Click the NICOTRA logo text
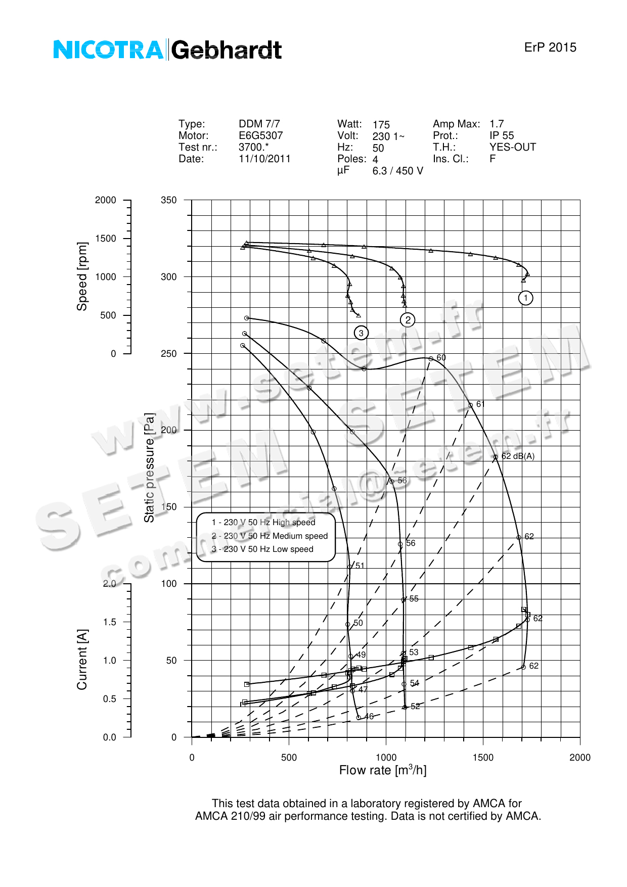(108, 50)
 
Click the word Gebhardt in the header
(227, 50)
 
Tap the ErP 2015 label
(550, 48)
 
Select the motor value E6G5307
(261, 135)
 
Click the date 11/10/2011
(264, 159)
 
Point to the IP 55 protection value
(502, 135)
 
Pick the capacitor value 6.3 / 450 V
(398, 171)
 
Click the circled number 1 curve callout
(526, 298)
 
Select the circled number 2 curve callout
(408, 320)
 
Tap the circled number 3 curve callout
(361, 333)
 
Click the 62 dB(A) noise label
(518, 456)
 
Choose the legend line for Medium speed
(270, 536)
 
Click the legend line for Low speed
(262, 549)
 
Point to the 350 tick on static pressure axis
(169, 200)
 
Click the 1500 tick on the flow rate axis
(483, 758)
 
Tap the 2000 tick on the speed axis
(106, 200)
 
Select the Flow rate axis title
(383, 770)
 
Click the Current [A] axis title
(82, 660)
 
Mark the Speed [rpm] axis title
(82, 276)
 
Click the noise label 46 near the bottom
(369, 717)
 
